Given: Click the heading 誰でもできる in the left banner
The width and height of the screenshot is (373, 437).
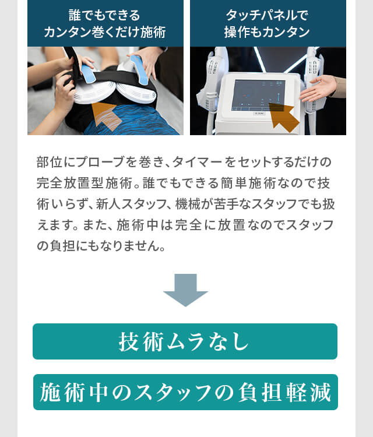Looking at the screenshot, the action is tap(104, 15).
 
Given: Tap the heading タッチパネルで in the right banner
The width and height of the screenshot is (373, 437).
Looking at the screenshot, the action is tap(267, 15).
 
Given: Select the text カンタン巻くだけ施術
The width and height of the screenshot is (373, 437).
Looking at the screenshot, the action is tap(104, 32).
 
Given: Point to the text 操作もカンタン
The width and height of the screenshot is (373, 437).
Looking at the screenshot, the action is tap(267, 32).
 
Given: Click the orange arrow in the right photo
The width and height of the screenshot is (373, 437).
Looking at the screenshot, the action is tap(283, 117).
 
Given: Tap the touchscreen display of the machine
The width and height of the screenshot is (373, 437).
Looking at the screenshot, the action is tap(258, 95).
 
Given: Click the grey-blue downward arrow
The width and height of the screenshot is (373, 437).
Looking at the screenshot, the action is tap(186, 290).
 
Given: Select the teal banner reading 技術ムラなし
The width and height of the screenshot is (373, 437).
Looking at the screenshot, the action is tap(185, 341).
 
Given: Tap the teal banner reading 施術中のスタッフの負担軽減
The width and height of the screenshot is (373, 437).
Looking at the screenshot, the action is tap(185, 392).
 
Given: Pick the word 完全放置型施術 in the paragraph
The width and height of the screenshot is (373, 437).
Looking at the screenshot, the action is tap(85, 183).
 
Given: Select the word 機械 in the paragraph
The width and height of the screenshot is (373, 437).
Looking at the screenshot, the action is tap(188, 205).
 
